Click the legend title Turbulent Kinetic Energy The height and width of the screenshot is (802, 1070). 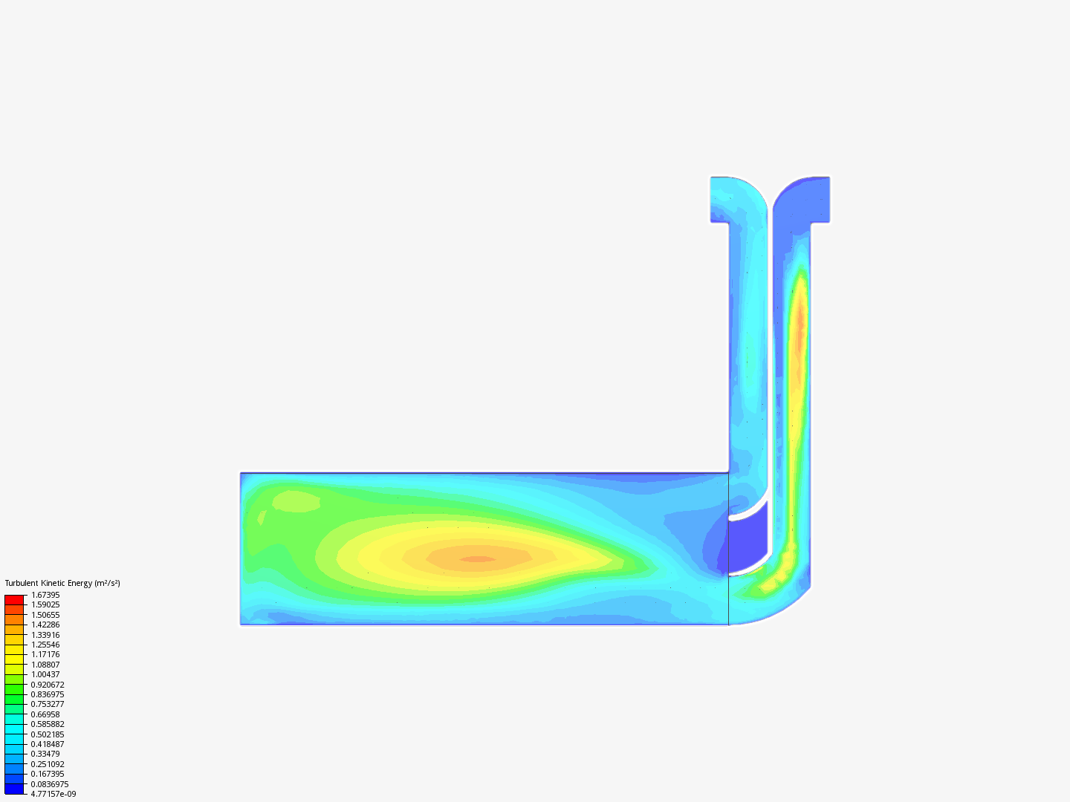click(48, 583)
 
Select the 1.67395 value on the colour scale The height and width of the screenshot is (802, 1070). click(45, 595)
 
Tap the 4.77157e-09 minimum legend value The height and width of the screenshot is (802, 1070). click(53, 794)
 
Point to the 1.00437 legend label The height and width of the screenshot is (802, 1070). click(45, 674)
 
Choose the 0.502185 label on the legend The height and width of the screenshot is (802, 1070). click(48, 734)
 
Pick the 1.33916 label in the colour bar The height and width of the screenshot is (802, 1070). click(45, 634)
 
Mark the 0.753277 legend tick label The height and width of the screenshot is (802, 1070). click(48, 704)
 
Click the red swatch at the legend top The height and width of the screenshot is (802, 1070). click(14, 599)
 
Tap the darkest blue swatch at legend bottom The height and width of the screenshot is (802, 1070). click(14, 789)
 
